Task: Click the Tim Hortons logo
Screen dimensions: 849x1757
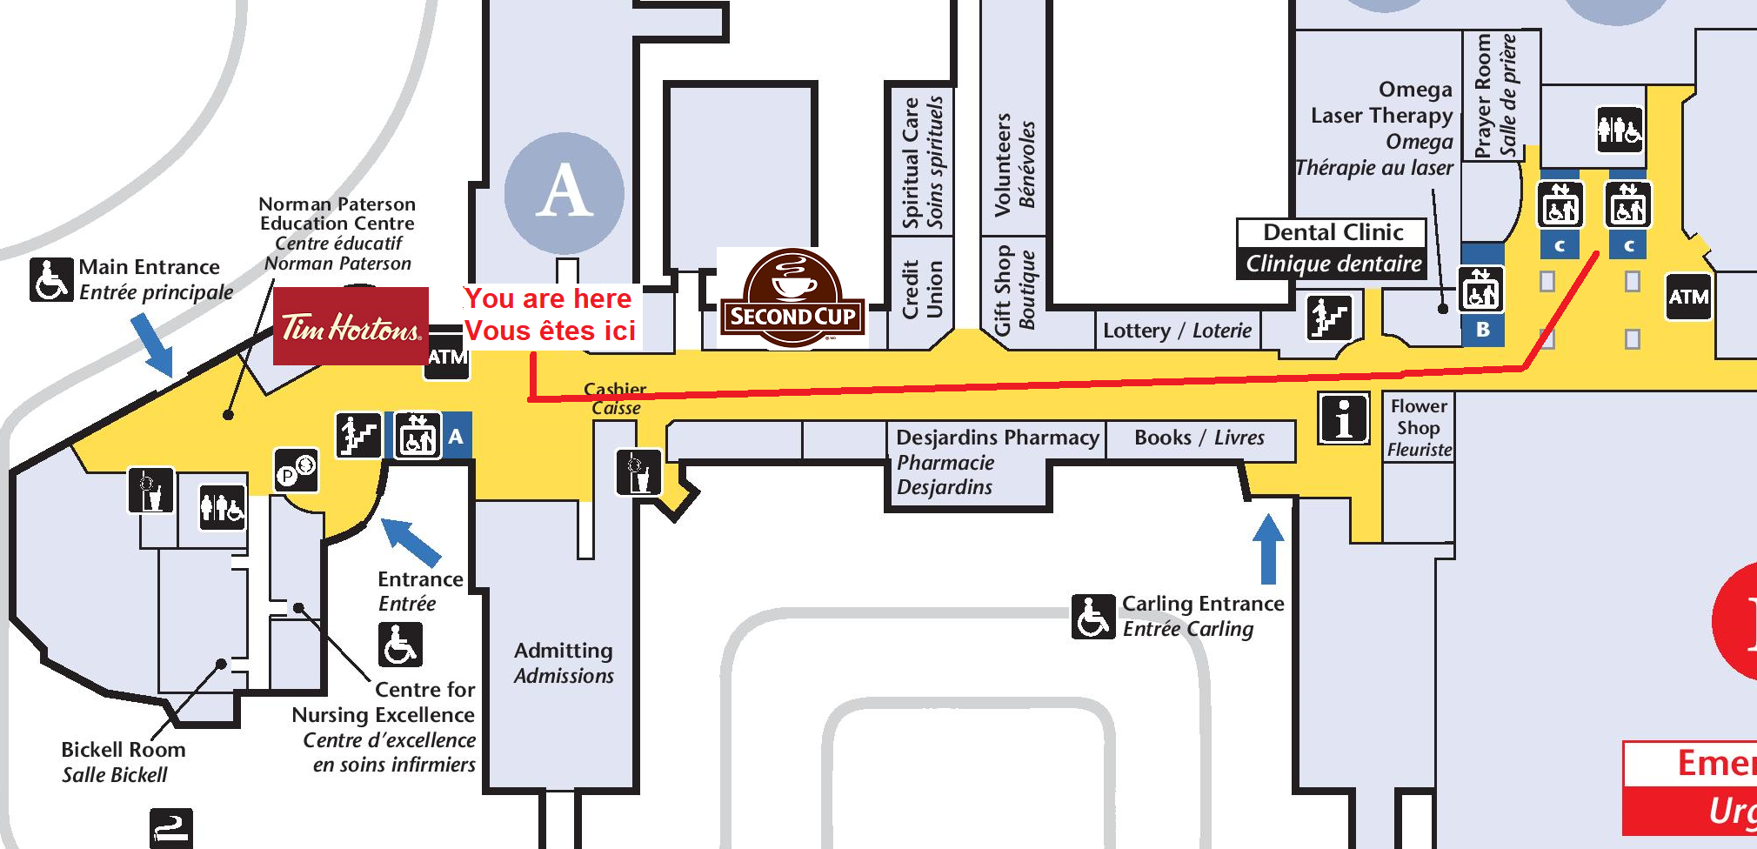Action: tap(351, 326)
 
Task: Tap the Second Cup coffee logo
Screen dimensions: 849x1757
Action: tap(792, 298)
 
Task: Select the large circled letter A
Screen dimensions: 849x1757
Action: tap(564, 192)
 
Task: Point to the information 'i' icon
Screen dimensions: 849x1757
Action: tap(1344, 418)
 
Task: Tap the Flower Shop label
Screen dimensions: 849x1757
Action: tap(1419, 427)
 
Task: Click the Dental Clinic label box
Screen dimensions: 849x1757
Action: tap(1333, 248)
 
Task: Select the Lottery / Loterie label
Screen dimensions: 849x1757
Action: tap(1177, 331)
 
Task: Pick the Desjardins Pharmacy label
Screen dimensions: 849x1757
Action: tap(997, 438)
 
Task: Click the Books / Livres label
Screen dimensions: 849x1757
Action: tap(1199, 438)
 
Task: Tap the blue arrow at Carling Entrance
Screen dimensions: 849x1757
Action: tap(1268, 548)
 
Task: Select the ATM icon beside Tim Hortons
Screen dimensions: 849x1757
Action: tap(447, 356)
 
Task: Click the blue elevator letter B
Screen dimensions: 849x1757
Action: tap(1483, 330)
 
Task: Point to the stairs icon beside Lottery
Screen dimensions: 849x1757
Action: tap(1328, 317)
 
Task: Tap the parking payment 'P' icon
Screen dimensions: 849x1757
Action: tap(296, 471)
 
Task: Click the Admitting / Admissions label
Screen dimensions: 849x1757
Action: tap(564, 663)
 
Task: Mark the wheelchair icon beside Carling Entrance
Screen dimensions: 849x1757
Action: tap(1092, 616)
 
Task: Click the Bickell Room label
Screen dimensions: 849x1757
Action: tap(122, 762)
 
